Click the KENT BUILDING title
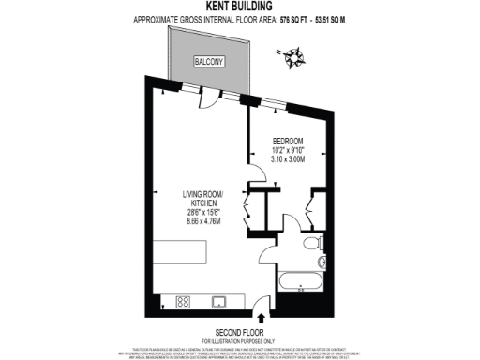[239, 7]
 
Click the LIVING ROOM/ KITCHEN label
[202, 200]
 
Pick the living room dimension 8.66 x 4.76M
[202, 222]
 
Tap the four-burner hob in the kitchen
[185, 302]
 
